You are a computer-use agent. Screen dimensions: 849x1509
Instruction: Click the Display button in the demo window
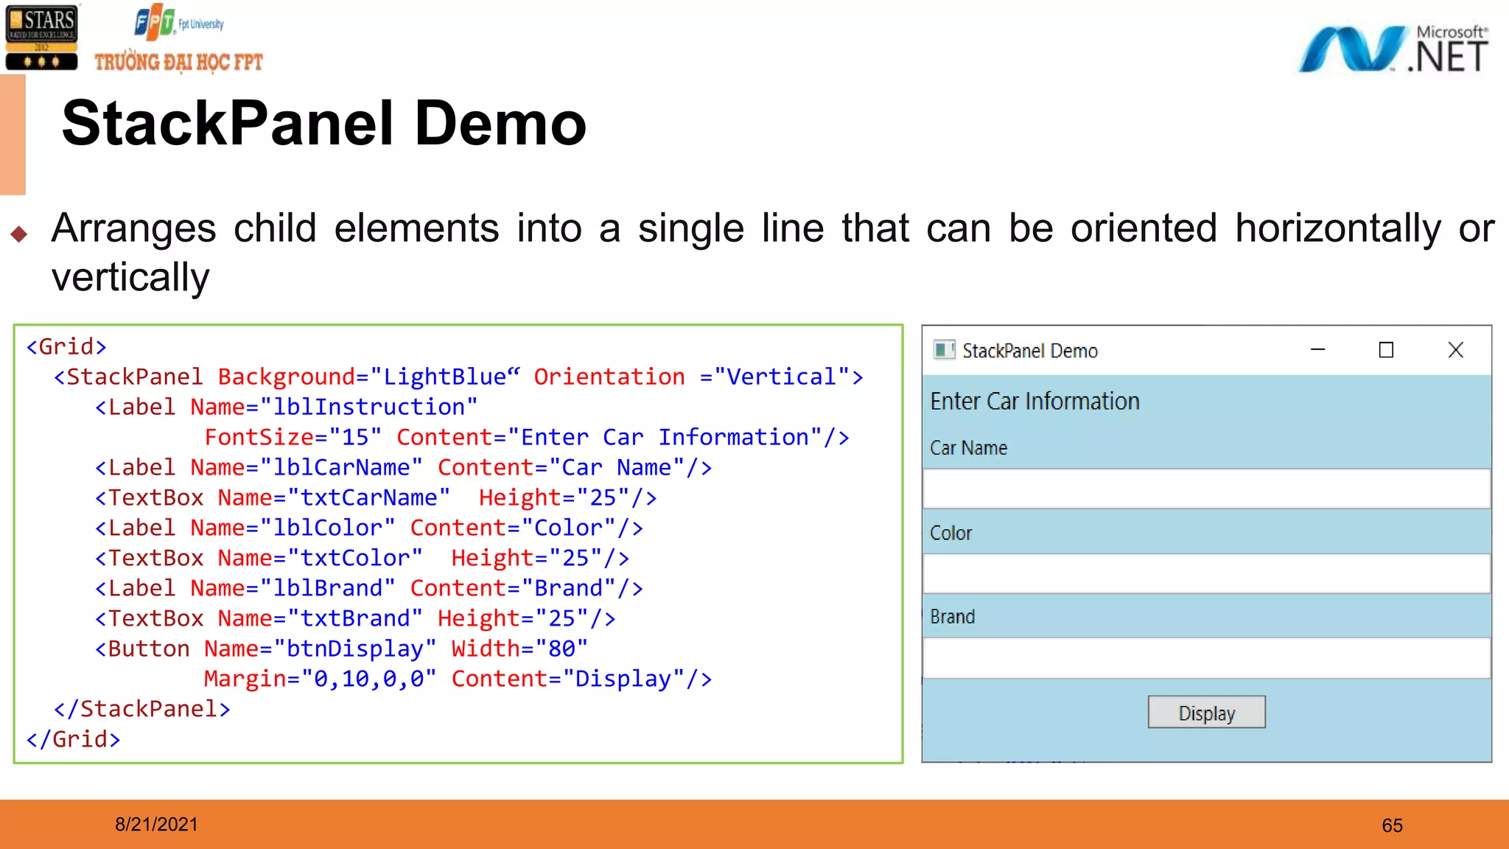(1206, 713)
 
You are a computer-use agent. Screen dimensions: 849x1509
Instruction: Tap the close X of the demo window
(1455, 350)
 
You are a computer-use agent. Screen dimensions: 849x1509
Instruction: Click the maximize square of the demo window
(1386, 350)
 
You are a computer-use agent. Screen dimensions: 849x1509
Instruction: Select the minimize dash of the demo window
(1317, 350)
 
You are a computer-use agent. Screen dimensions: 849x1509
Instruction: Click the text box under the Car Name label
(1206, 489)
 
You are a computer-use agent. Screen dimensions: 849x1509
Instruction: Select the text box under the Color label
(1206, 573)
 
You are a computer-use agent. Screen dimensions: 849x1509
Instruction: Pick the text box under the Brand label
(1206, 658)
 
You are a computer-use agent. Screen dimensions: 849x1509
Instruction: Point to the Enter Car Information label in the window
(1034, 402)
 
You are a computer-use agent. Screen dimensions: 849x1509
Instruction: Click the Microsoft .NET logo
(1393, 49)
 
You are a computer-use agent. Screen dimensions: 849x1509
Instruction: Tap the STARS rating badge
(41, 38)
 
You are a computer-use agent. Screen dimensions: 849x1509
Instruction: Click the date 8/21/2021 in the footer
(156, 824)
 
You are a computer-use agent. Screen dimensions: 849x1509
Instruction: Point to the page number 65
(1392, 825)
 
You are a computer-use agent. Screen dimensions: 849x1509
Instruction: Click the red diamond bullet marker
(19, 234)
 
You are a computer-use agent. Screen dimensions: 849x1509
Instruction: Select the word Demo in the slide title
(500, 124)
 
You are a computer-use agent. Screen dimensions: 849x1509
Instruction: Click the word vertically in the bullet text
(130, 278)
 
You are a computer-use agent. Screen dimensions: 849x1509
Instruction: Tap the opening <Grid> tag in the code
(66, 346)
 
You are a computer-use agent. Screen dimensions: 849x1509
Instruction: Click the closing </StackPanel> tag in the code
(142, 709)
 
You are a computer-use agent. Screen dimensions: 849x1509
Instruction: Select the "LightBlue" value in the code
(444, 377)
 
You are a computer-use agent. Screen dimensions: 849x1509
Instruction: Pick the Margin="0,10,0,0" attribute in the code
(319, 679)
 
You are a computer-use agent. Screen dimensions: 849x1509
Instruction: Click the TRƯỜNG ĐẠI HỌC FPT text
(178, 63)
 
